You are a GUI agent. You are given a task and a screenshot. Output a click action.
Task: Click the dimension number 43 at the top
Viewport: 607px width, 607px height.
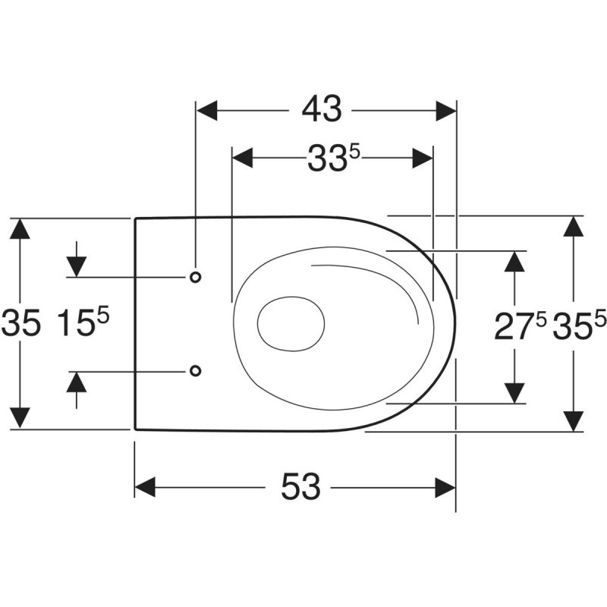[x=322, y=111]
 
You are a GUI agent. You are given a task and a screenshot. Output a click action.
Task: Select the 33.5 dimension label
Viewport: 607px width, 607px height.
[x=332, y=159]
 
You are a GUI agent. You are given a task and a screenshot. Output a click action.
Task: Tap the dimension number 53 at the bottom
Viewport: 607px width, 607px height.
[x=301, y=487]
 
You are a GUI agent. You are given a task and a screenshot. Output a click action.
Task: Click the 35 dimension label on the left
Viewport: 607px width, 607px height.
[x=20, y=324]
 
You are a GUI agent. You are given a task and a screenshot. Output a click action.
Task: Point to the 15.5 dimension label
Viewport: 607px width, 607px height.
[x=83, y=324]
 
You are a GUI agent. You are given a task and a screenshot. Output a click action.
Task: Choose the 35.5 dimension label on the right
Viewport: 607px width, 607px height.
[x=579, y=327]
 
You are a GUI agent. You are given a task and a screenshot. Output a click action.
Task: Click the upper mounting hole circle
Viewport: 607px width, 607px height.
[x=195, y=277]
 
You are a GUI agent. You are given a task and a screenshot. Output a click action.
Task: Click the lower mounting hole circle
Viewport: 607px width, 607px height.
[x=195, y=370]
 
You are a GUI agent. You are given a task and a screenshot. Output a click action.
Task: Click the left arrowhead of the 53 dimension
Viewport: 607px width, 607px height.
[x=146, y=487]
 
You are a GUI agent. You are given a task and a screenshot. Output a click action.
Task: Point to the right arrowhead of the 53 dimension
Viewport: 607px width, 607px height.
[x=444, y=487]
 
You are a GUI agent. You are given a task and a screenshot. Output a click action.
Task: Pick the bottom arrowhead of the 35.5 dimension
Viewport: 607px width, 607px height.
[x=574, y=420]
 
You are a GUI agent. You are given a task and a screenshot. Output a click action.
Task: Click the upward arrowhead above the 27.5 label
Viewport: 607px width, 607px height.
[x=515, y=263]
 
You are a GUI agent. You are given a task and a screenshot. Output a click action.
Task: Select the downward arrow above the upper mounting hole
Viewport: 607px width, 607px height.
[x=76, y=266]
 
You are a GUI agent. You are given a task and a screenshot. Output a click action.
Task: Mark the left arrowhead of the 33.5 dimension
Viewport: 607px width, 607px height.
[x=242, y=159]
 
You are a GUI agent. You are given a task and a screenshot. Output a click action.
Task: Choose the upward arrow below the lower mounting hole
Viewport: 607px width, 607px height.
[x=76, y=383]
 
